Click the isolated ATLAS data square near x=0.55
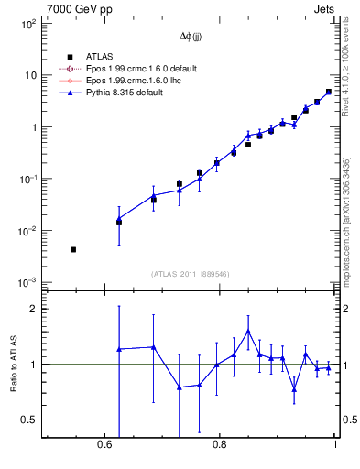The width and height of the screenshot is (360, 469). [x=73, y=249]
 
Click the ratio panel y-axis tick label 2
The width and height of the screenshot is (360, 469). [x=33, y=309]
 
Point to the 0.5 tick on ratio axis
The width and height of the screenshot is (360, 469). [x=29, y=420]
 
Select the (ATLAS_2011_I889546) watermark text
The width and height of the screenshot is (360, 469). [x=191, y=274]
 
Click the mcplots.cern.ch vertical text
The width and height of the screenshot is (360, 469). [x=345, y=211]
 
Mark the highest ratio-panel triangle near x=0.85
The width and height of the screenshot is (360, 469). [x=248, y=332]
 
